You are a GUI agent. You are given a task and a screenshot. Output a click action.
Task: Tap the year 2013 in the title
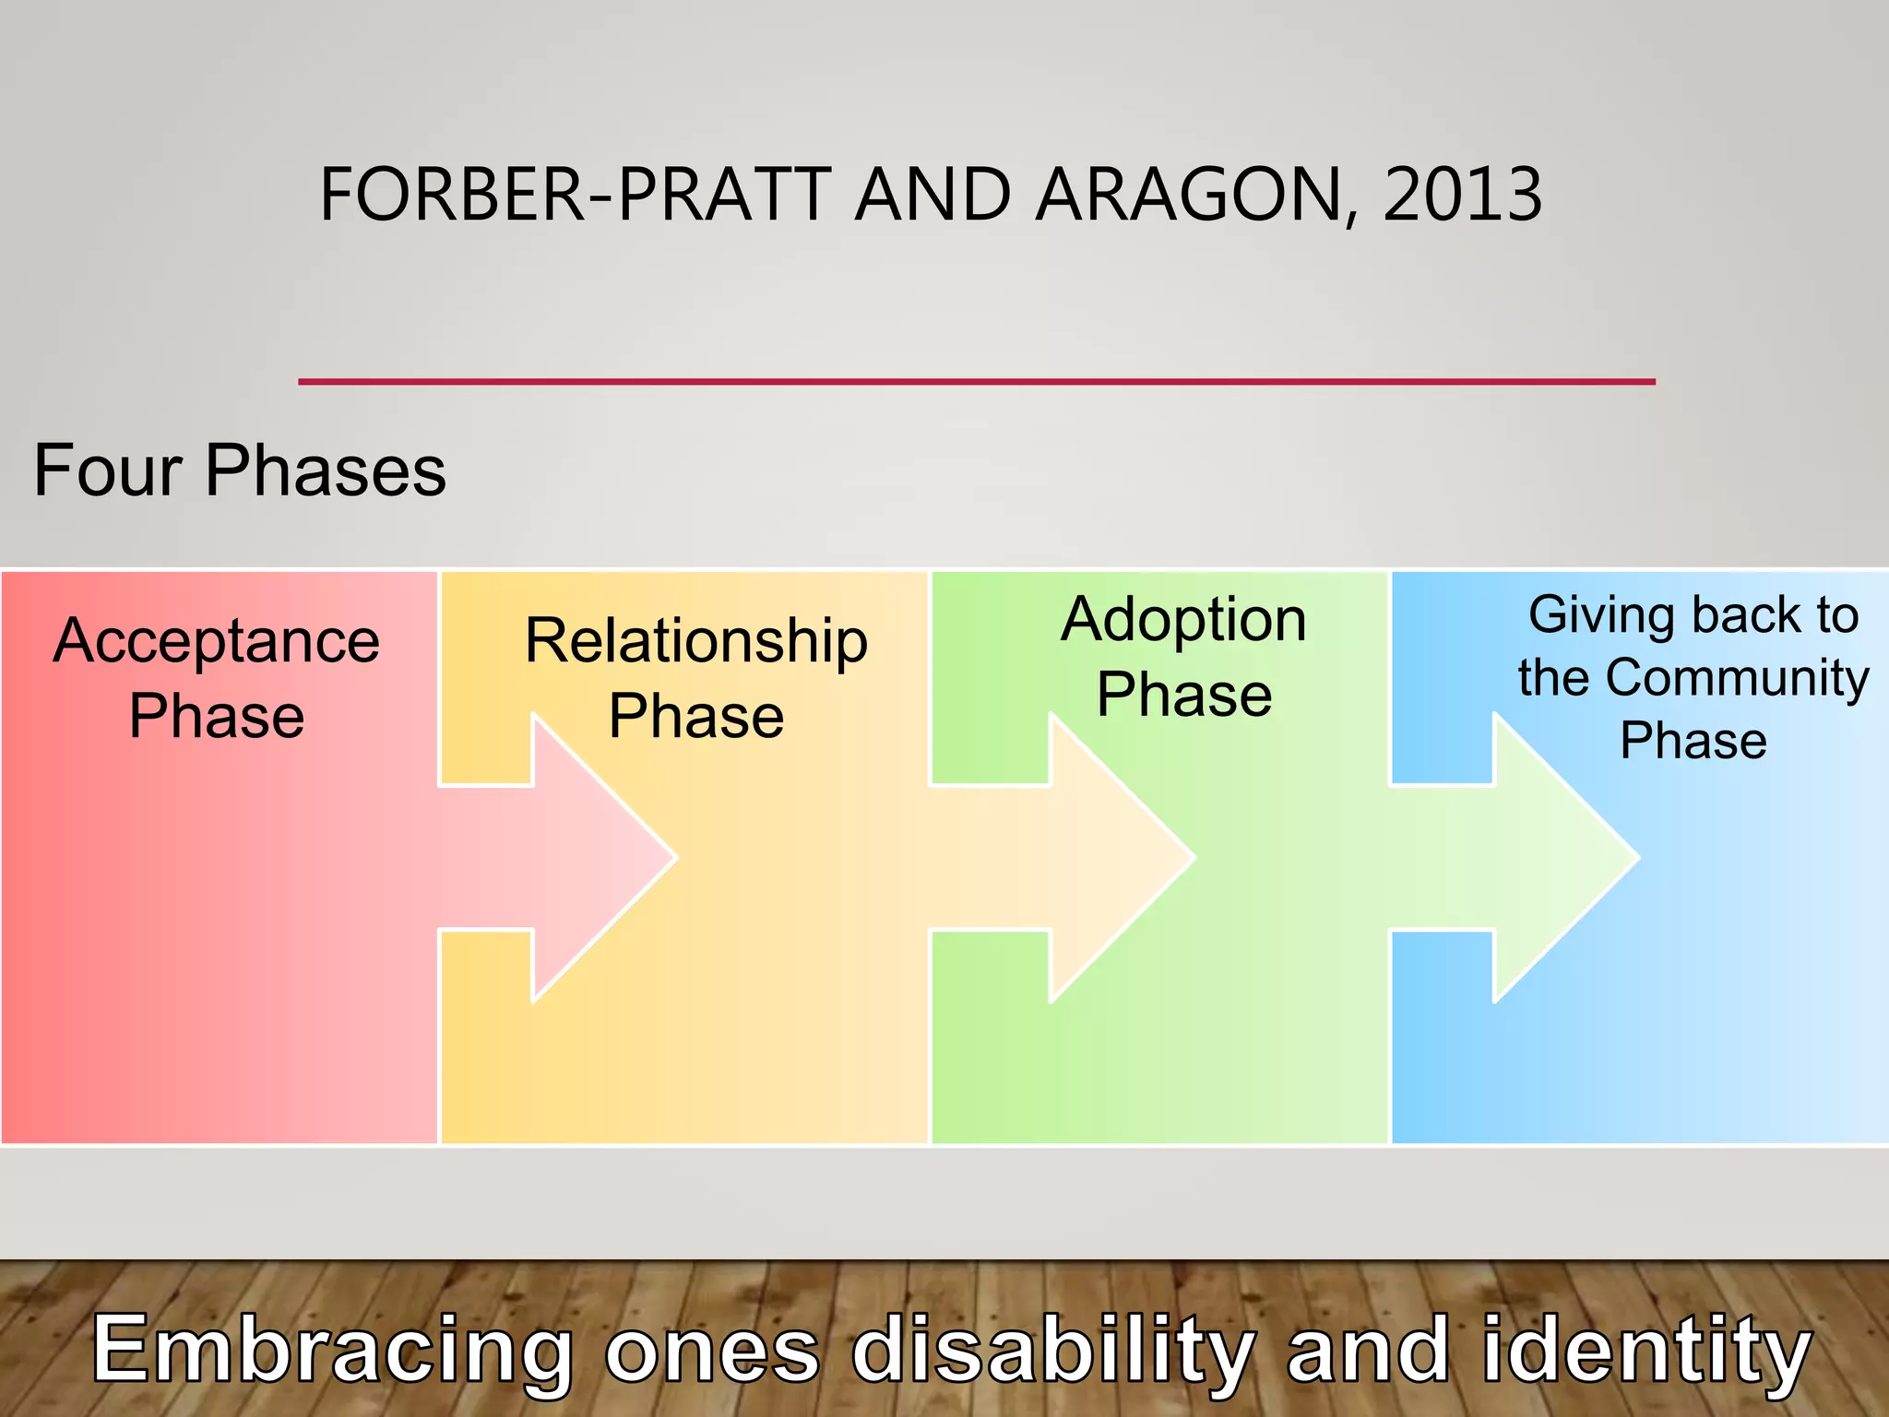(1462, 195)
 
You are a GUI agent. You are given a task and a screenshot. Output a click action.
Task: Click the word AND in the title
(933, 195)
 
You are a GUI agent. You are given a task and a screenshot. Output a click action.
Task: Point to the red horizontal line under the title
(976, 381)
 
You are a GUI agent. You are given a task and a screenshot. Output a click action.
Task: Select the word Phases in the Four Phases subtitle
(325, 470)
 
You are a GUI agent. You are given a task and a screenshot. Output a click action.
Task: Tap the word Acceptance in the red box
(217, 641)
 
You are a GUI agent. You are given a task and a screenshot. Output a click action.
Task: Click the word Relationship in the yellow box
(696, 641)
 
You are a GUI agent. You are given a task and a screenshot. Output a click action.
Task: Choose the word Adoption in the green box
(1184, 620)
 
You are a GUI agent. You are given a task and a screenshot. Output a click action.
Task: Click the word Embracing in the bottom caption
(332, 1350)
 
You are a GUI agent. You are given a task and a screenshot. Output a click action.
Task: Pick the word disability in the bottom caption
(1051, 1350)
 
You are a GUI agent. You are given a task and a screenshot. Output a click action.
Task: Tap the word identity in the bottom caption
(1646, 1350)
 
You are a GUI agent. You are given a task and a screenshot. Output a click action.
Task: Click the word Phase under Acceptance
(217, 716)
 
